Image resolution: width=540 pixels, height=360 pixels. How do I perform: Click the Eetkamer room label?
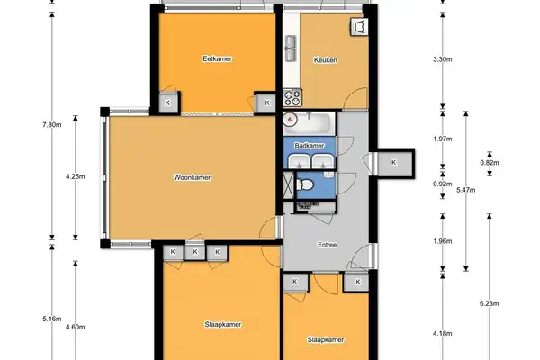(217, 58)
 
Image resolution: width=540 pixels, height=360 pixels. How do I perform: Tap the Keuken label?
(326, 60)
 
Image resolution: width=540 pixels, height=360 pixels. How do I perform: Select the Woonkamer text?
(193, 178)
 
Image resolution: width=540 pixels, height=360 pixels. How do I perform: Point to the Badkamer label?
(310, 146)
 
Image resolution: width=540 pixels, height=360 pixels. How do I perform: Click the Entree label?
(328, 245)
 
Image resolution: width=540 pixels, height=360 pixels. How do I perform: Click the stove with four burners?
(292, 97)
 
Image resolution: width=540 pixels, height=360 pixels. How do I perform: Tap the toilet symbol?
(304, 184)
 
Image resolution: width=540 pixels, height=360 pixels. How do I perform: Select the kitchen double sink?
(291, 49)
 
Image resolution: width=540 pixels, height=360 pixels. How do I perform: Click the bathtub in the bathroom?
(309, 123)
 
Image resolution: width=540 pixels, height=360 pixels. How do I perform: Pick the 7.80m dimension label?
(52, 125)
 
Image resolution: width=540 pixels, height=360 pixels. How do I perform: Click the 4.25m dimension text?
(76, 176)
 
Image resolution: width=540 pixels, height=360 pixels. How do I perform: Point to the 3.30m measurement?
(443, 59)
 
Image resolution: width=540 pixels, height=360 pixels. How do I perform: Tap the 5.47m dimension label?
(466, 190)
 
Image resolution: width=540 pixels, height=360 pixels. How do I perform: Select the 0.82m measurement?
(490, 163)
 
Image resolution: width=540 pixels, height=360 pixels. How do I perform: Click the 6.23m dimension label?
(490, 303)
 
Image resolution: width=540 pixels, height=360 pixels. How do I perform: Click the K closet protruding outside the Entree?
(395, 163)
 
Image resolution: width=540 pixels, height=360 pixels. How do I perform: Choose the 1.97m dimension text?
(443, 139)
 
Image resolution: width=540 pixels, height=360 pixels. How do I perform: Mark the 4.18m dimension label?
(443, 334)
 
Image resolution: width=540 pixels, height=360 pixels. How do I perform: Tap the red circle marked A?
(290, 120)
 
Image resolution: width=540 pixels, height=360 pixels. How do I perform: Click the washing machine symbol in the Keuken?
(359, 27)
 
